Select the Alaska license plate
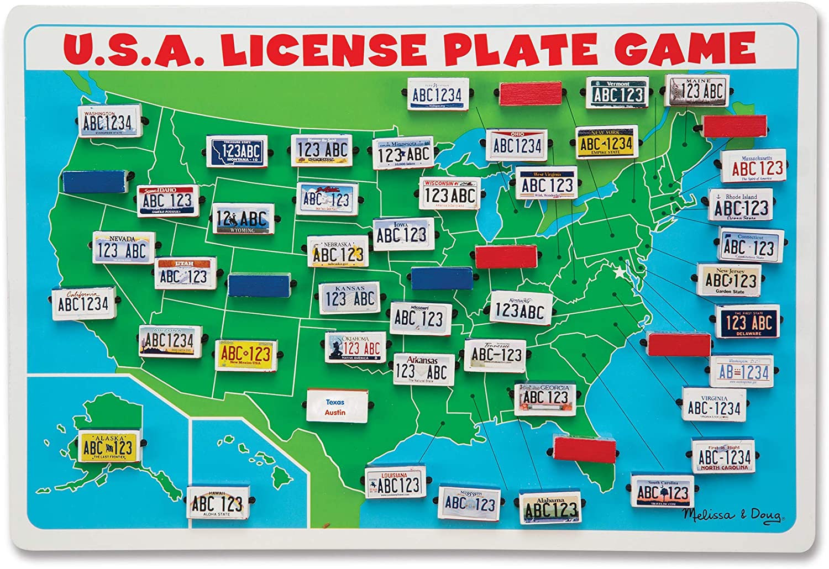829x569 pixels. pos(107,447)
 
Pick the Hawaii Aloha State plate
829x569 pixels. pos(217,502)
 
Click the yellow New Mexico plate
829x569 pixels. pos(245,354)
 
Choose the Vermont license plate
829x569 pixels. pos(618,93)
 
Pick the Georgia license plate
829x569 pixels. pos(545,398)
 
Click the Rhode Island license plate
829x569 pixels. pos(741,206)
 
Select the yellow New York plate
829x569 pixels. pos(606,142)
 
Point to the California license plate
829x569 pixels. pos(83,303)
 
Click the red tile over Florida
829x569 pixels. pos(584,448)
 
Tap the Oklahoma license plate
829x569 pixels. pos(355,347)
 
